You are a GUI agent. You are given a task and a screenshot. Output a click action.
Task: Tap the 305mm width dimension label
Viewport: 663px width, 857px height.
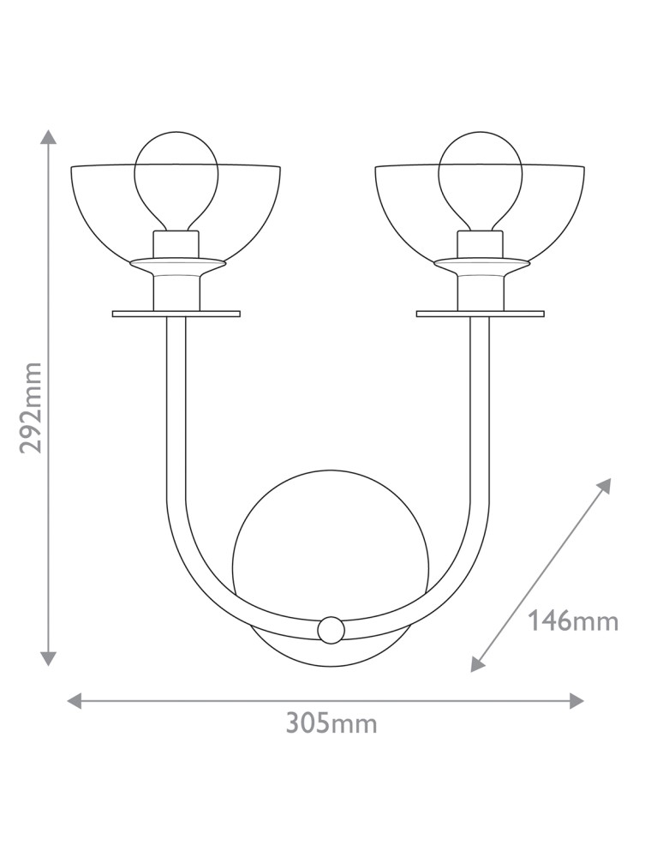[331, 724]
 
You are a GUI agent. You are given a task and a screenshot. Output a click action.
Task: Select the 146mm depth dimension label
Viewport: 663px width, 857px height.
[573, 622]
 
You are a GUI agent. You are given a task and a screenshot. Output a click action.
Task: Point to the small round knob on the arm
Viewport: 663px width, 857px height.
[331, 630]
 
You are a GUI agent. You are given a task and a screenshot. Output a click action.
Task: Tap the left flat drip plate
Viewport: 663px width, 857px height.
[176, 314]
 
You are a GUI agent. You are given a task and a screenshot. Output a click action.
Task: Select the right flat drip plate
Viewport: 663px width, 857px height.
[480, 314]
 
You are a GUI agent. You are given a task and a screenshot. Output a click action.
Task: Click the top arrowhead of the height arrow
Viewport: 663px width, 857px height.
[49, 137]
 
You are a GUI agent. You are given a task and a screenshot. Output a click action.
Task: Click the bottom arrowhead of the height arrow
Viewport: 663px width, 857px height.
[49, 658]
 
